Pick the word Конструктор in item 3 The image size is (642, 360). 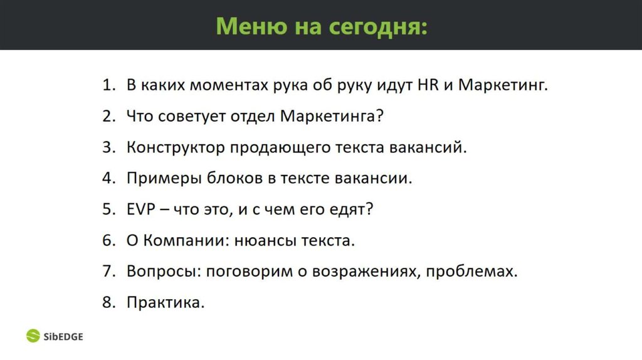point(175,147)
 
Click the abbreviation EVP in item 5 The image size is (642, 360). point(141,209)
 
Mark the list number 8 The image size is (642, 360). point(108,303)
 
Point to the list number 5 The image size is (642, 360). point(108,209)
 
